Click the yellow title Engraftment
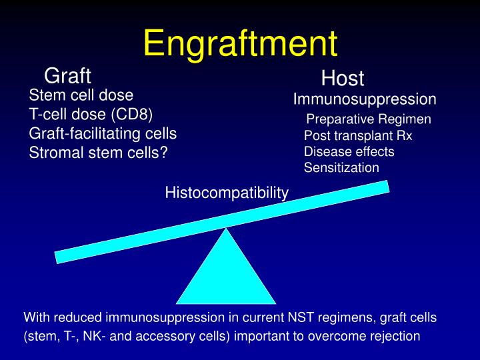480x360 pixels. (x=240, y=43)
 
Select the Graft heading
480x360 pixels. (x=67, y=76)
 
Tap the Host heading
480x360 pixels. (x=343, y=79)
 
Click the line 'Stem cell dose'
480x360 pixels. (x=81, y=95)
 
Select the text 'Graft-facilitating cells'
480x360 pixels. (x=103, y=133)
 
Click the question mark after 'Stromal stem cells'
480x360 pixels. (x=163, y=153)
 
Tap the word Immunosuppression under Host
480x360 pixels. (x=365, y=99)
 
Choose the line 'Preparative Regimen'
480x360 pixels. (x=369, y=119)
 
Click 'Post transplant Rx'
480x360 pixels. (x=358, y=135)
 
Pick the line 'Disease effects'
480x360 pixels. (x=349, y=151)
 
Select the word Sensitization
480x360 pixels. (x=341, y=168)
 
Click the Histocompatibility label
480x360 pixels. (x=227, y=193)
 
